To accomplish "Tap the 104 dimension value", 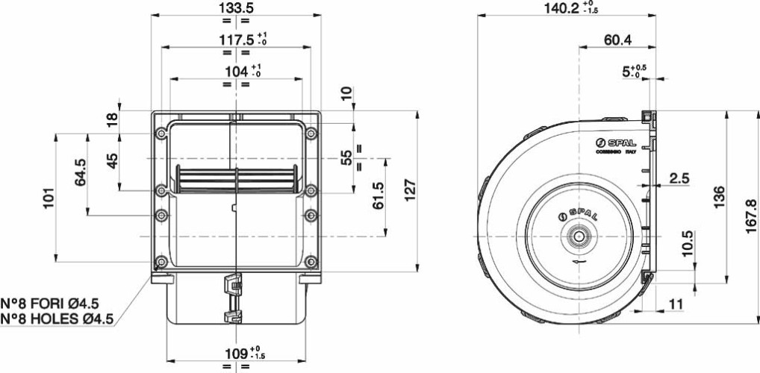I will pos(234,72).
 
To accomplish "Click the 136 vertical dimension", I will pos(719,198).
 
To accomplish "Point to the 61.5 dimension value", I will pos(378,196).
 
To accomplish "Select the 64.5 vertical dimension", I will pos(81,172).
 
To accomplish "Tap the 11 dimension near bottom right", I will pos(676,304).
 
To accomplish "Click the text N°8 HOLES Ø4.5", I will pos(57,319).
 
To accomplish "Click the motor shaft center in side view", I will pos(578,236).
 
